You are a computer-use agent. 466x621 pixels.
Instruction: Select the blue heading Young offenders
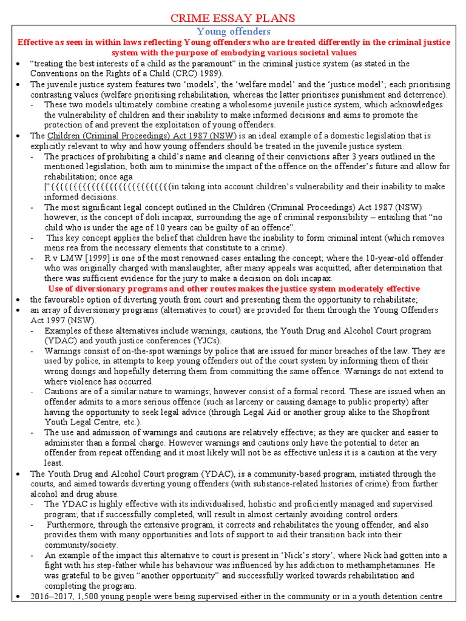[234, 31]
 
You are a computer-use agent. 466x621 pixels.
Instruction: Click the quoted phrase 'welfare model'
[213, 85]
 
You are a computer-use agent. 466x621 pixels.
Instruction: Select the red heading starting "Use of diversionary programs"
[234, 289]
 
